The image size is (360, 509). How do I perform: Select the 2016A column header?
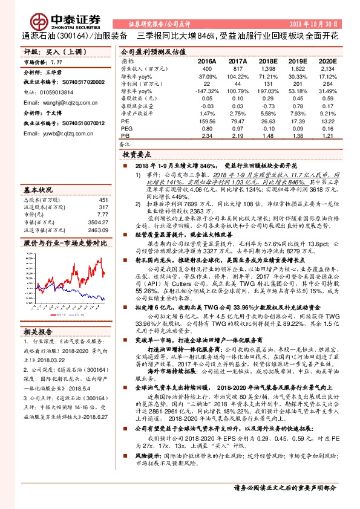[207, 61]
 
